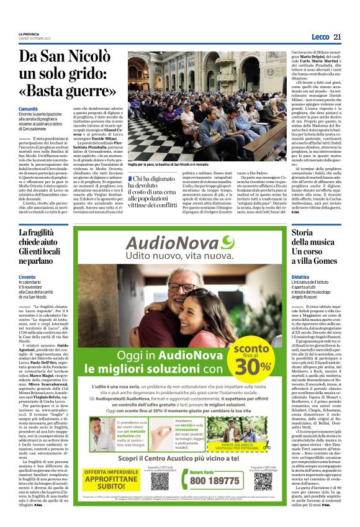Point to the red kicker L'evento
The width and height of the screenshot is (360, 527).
pos(28,276)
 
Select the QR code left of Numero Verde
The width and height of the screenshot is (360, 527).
pos(178,477)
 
